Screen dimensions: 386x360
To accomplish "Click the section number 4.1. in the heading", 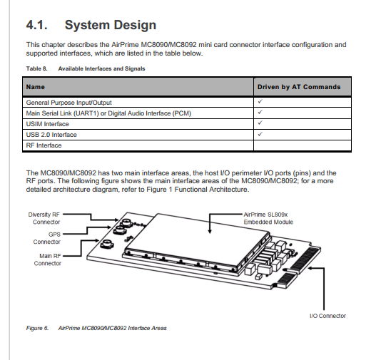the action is pos(37,25).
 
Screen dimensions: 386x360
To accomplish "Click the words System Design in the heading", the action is pos(111,26).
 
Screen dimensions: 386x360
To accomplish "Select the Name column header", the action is pos(36,87).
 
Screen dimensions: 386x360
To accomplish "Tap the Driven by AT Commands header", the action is pos(299,87).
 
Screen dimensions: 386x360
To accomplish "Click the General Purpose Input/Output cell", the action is pos(69,103).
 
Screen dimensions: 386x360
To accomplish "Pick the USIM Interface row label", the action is pos(48,124).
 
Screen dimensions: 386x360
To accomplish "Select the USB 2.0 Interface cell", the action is pos(51,135).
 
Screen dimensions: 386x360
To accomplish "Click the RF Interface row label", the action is pos(44,145).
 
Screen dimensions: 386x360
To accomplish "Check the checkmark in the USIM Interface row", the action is pos(260,123).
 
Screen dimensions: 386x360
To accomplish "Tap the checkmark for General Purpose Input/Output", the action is pos(260,101).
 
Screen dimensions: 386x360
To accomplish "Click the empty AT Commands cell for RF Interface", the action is pos(303,145).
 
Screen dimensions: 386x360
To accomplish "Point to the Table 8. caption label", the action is pos(36,68).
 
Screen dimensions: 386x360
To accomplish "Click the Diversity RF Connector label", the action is pos(44,218).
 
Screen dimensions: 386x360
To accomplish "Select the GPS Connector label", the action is pos(47,238).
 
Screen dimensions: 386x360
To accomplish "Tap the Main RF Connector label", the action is pos(48,259).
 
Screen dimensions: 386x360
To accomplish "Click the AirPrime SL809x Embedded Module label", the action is pos(268,218).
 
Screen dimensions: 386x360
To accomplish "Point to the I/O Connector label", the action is pos(327,316).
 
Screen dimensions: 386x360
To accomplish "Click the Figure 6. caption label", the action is pos(37,328).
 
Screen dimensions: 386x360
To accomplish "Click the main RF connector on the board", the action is pos(107,244).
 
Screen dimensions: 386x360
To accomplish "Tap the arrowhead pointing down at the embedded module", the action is pos(210,231).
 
